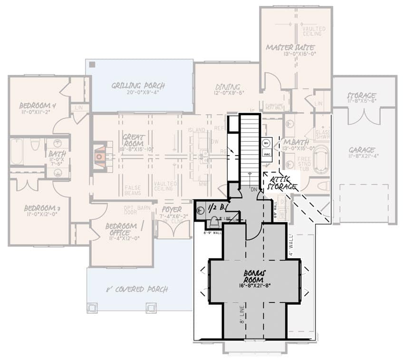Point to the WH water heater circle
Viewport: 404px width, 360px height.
[266, 143]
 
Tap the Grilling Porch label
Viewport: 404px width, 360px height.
[138, 86]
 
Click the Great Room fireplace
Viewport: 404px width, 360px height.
[100, 155]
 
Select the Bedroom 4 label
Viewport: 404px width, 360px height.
[38, 105]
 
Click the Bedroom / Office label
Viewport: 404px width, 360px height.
[121, 229]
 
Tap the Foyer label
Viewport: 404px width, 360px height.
[171, 209]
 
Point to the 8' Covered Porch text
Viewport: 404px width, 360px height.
[136, 289]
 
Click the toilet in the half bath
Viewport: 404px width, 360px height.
[214, 222]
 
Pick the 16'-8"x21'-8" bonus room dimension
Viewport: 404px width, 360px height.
[255, 286]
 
